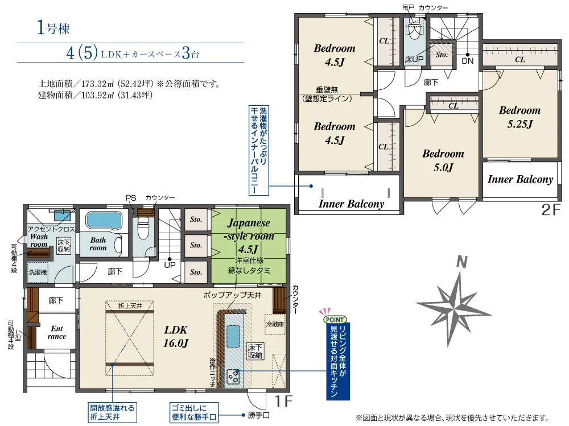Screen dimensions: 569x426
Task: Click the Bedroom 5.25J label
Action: click(x=519, y=117)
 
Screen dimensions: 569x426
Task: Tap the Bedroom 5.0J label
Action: click(x=443, y=160)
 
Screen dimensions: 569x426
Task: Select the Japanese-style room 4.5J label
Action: click(x=249, y=236)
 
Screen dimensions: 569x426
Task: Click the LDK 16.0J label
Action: click(x=176, y=336)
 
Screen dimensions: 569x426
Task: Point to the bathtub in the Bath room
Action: click(x=104, y=220)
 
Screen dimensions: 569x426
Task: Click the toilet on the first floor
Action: click(x=143, y=228)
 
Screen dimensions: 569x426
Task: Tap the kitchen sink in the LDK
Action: click(x=233, y=336)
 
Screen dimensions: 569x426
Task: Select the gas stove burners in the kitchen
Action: click(x=233, y=377)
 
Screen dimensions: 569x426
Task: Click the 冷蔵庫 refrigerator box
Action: click(x=275, y=324)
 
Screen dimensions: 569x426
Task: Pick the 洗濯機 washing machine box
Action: click(x=38, y=272)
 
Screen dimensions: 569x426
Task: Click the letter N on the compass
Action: click(x=461, y=261)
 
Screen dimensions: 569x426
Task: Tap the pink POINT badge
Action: click(x=335, y=319)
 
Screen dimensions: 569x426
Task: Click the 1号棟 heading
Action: click(x=53, y=28)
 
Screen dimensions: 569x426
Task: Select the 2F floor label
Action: click(x=551, y=209)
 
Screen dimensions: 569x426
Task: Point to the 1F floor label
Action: click(x=283, y=401)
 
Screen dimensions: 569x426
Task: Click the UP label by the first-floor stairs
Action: click(x=170, y=265)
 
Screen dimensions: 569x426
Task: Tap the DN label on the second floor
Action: click(x=467, y=61)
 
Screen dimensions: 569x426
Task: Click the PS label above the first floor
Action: click(x=131, y=198)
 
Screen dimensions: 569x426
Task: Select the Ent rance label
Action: click(x=57, y=332)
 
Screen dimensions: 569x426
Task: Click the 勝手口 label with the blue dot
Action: click(x=259, y=415)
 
